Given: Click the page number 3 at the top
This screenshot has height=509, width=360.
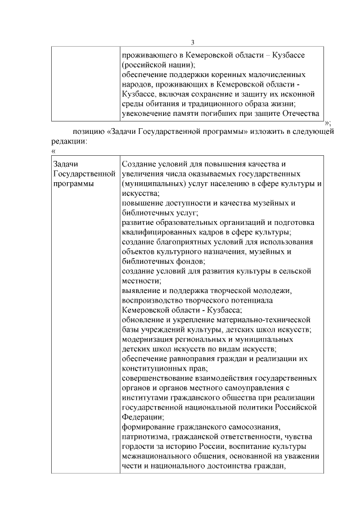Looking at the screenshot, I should pos(192,43).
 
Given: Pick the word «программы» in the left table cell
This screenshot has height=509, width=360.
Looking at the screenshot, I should pos(74,183).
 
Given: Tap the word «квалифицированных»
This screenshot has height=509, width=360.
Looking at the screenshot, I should pos(163,232).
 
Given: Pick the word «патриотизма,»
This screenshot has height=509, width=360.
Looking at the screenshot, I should pos(146,436).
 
